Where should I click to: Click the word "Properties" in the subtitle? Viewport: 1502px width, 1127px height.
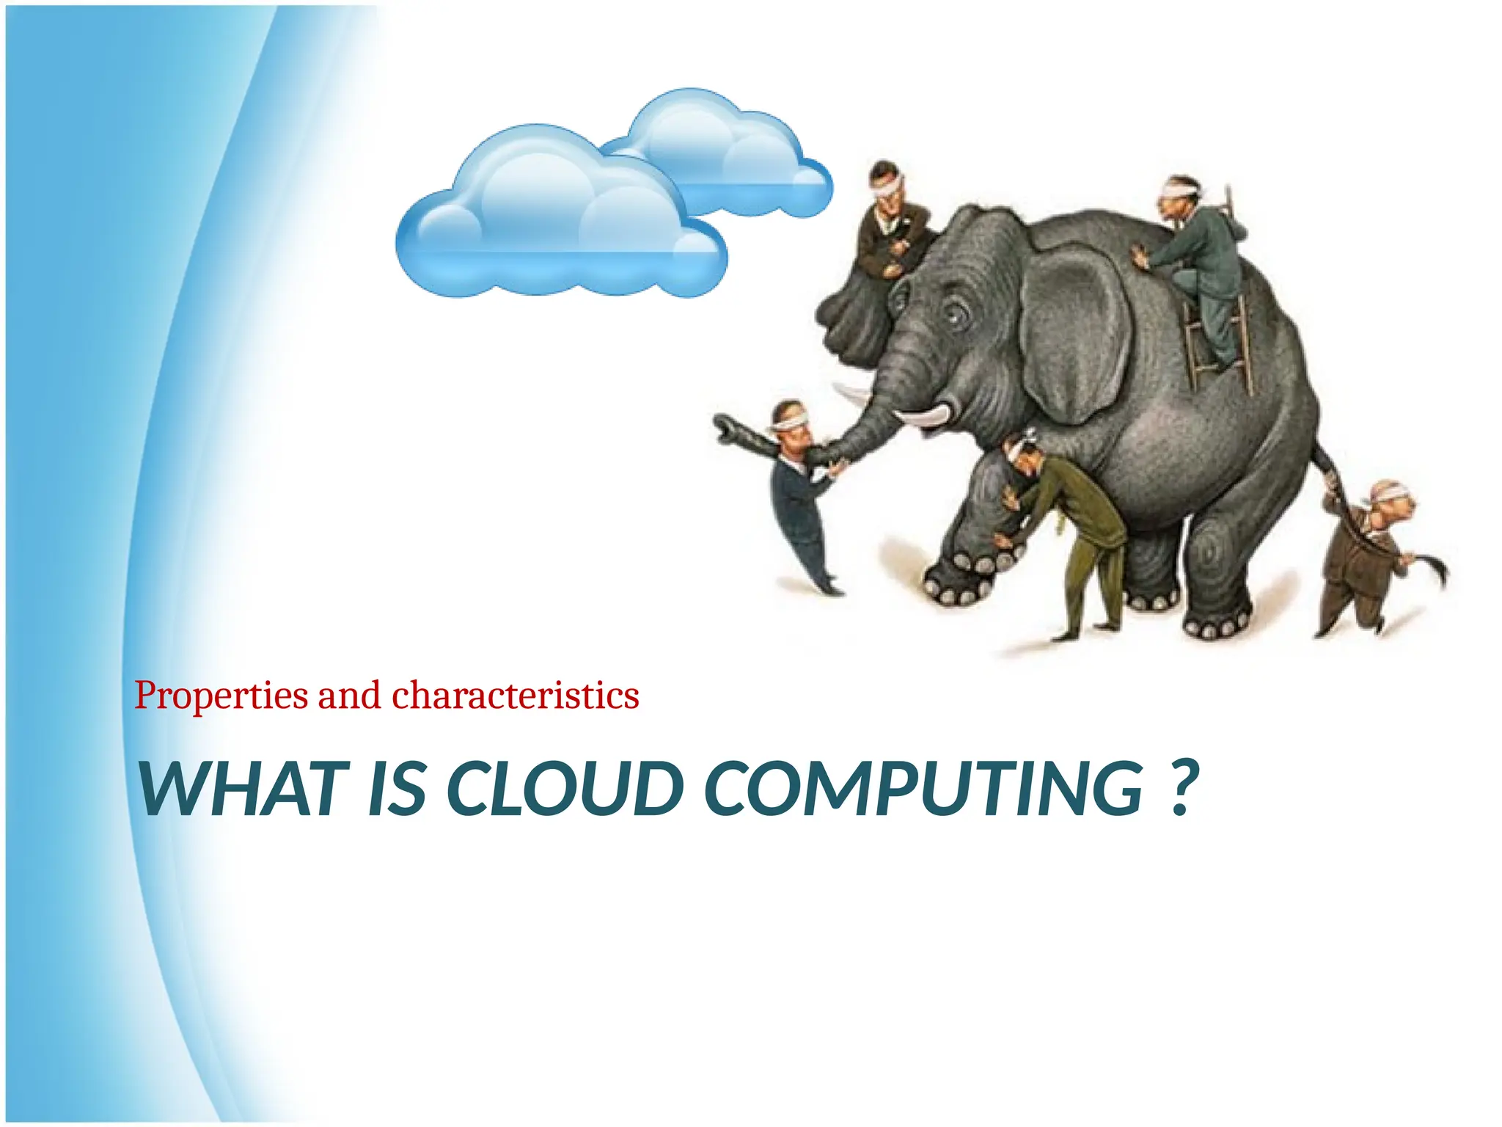tap(221, 696)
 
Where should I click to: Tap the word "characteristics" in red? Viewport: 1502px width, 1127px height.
tap(516, 696)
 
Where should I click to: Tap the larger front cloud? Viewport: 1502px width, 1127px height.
tap(557, 220)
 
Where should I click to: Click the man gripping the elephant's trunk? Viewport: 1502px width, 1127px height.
tap(799, 499)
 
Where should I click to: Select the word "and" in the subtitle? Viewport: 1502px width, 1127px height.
tap(349, 696)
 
